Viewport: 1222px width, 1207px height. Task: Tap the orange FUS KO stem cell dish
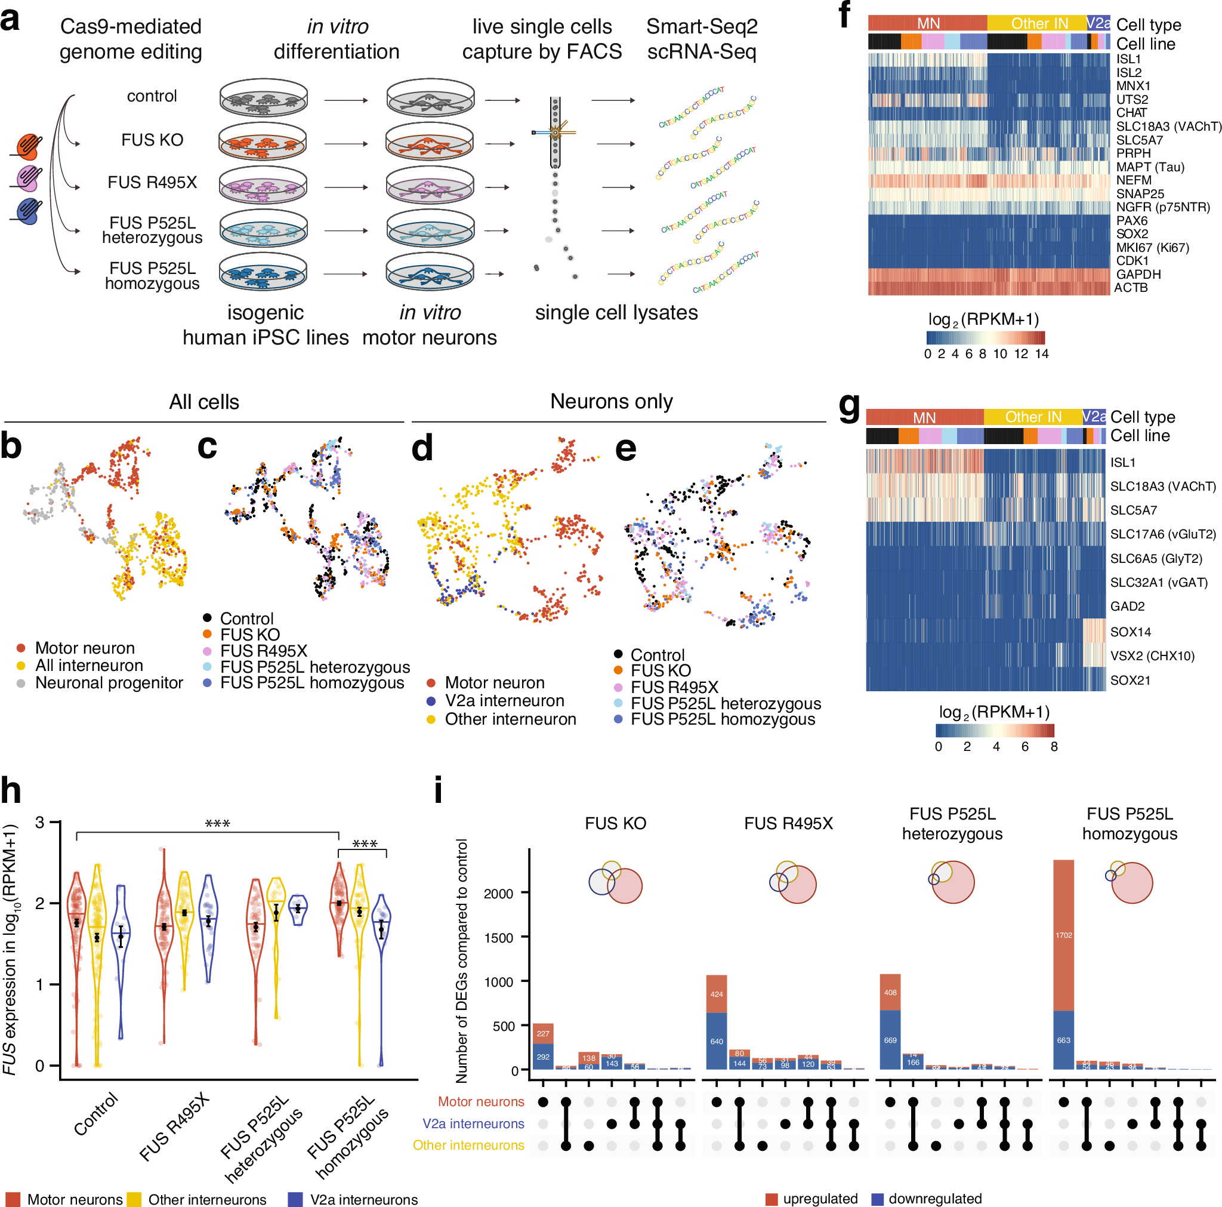coord(263,142)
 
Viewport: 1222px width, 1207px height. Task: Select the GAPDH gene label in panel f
coord(1138,274)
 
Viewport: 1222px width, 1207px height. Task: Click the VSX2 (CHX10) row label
coord(1152,655)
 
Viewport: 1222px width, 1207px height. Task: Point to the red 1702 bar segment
coord(1063,934)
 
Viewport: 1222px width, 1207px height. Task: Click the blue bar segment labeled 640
coord(716,1040)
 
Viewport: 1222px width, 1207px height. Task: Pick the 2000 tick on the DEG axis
coord(498,893)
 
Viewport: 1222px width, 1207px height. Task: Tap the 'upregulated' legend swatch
coord(771,1199)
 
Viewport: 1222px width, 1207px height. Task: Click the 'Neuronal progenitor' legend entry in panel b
coord(109,683)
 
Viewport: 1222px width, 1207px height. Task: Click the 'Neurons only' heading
coord(611,401)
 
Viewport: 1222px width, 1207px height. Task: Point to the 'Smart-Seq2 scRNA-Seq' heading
coord(702,39)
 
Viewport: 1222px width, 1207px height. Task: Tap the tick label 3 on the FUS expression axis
coord(40,822)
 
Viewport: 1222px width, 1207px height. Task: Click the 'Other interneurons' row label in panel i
coord(468,1145)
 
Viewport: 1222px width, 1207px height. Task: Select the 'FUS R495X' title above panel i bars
coord(788,823)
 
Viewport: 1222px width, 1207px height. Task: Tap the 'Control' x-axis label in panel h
coord(96,1114)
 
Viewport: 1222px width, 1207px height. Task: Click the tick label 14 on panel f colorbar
coord(1042,354)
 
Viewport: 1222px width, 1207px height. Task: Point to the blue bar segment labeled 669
coord(890,1039)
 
